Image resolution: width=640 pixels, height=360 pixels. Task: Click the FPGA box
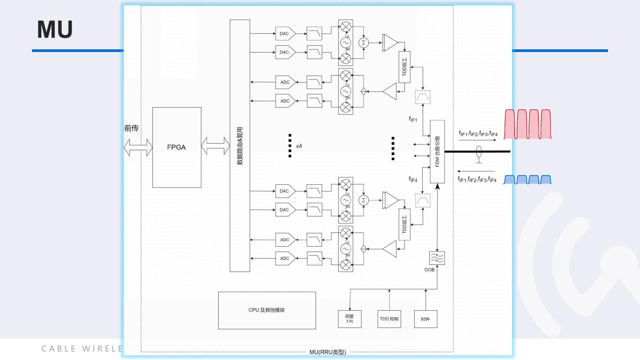[176, 147]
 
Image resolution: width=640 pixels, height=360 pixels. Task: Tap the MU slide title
[55, 29]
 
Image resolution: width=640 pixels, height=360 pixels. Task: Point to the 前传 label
[131, 128]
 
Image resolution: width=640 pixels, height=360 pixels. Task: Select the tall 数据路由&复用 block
[240, 145]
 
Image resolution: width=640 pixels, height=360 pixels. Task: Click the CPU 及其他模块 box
[267, 310]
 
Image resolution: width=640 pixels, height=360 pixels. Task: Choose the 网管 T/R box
[350, 319]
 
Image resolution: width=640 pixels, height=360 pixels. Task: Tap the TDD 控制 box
[389, 319]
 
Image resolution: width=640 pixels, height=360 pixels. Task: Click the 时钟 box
[425, 319]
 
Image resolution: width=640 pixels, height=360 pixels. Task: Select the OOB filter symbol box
[437, 258]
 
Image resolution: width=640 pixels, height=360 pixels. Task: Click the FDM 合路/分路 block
[437, 151]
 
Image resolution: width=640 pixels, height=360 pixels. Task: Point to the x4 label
[299, 146]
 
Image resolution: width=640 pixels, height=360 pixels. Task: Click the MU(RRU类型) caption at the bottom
[328, 352]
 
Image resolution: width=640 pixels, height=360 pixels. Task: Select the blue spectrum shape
[528, 180]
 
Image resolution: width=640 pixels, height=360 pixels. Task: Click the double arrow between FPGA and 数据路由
[216, 146]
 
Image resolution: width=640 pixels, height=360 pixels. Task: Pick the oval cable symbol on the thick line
[479, 151]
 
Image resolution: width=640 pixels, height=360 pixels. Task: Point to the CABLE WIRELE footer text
[82, 348]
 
